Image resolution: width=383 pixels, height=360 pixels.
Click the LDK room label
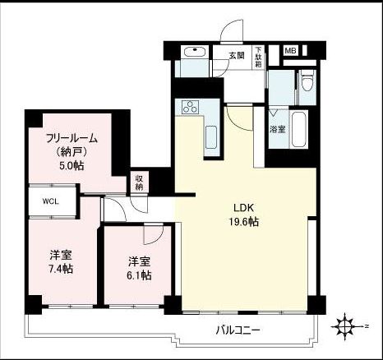(x=243, y=208)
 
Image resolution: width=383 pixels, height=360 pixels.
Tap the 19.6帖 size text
(x=243, y=222)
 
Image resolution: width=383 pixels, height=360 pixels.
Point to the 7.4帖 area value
(x=61, y=269)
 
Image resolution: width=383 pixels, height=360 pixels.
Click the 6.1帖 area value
(x=139, y=275)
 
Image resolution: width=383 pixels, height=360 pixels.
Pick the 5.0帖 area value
(x=72, y=165)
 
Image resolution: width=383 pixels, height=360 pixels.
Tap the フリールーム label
(x=72, y=138)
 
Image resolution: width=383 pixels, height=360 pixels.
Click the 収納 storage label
(x=139, y=182)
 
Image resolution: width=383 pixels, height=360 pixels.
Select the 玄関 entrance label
(x=237, y=56)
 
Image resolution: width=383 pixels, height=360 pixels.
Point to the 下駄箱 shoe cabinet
(x=258, y=58)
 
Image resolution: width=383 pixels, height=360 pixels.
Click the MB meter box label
(x=290, y=51)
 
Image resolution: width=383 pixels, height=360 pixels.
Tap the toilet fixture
(x=307, y=80)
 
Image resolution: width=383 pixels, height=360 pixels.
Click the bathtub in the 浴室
(x=299, y=129)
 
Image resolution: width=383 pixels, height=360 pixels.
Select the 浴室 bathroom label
(x=278, y=129)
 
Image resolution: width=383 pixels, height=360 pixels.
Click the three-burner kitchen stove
(x=190, y=107)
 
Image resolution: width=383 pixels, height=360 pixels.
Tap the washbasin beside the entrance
(x=195, y=52)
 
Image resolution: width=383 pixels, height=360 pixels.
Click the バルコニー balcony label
(x=238, y=330)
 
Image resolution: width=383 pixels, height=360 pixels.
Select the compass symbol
(x=345, y=326)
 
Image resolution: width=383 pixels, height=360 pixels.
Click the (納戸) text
(x=72, y=151)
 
